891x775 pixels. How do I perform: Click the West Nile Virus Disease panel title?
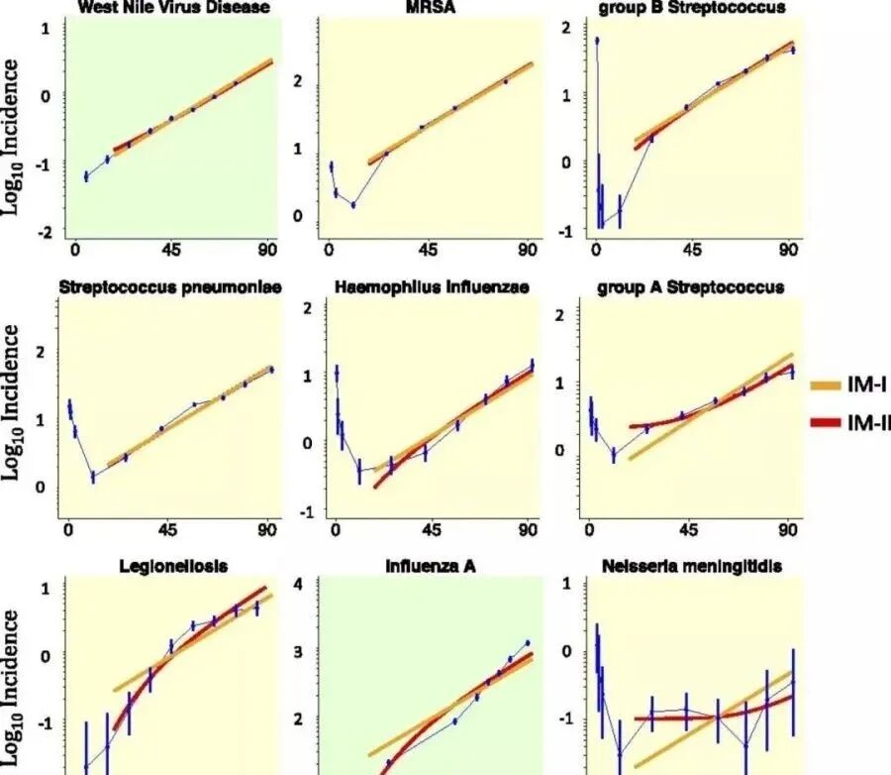173,7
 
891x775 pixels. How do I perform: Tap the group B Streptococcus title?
692,7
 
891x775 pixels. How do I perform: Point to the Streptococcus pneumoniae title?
170,287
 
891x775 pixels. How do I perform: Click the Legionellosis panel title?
173,566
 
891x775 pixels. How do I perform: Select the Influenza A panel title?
431,566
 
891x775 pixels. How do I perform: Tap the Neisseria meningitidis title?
692,566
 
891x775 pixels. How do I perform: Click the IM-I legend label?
866,386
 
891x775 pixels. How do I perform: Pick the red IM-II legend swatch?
825,422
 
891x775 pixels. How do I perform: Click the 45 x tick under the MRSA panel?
429,250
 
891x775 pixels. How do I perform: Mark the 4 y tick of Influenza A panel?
298,585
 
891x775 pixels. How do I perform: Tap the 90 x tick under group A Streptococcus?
788,530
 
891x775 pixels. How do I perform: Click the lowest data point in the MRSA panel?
352,205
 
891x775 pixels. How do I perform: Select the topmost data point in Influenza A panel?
528,643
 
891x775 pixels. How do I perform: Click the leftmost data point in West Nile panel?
86,176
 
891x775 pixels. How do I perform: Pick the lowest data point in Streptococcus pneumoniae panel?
93,478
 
